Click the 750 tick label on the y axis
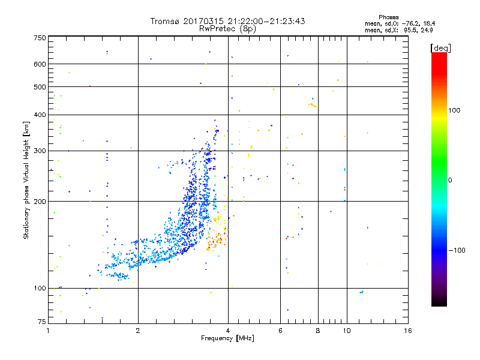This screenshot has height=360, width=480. click(40, 38)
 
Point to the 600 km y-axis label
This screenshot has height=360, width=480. click(40, 64)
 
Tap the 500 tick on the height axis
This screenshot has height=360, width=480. click(40, 87)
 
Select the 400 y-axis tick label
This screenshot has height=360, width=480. click(40, 115)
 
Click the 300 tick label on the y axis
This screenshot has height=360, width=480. click(40, 151)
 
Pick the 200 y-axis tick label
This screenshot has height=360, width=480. click(40, 202)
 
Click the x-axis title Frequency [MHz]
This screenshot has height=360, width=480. click(227, 339)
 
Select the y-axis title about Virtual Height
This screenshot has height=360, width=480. click(26, 180)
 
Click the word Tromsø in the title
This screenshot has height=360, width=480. click(164, 21)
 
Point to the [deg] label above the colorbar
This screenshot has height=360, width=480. click(440, 47)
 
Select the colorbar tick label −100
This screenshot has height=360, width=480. click(456, 250)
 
